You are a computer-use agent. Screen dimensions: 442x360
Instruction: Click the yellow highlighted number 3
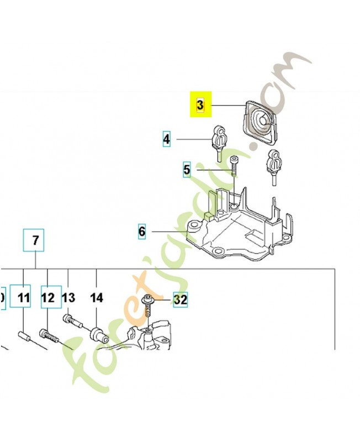[x=200, y=104]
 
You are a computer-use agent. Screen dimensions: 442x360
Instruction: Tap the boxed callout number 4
[x=167, y=138]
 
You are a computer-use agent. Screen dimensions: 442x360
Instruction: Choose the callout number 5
[x=187, y=170]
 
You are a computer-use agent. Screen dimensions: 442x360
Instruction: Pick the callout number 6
[x=142, y=231]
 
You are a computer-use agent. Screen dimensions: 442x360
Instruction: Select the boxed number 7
[x=35, y=240]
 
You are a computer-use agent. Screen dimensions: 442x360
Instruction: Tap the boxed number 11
[x=23, y=298]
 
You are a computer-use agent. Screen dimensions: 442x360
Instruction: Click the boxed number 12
[x=48, y=298]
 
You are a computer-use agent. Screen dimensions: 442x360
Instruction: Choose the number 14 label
[x=97, y=298]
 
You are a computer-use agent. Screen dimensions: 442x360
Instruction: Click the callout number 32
[x=180, y=300]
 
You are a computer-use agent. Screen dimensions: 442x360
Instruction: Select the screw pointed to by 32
[x=148, y=307]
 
